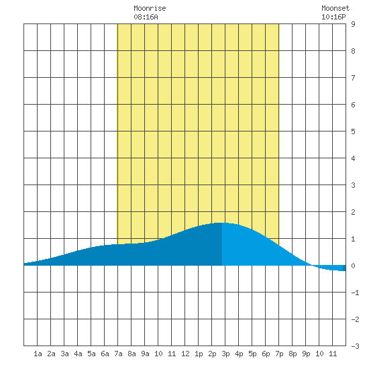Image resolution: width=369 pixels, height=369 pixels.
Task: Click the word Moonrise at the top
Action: [150, 8]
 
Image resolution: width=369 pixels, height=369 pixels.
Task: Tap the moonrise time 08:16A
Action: [146, 17]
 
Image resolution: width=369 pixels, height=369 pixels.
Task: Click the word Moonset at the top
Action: [335, 8]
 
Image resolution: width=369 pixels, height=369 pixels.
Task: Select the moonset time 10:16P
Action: [333, 17]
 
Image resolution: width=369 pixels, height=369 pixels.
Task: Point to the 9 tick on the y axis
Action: [353, 24]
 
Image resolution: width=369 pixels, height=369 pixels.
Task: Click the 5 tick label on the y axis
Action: [353, 131]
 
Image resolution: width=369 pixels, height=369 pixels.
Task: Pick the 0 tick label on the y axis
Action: [353, 266]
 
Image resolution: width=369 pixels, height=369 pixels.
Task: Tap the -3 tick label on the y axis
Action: [355, 346]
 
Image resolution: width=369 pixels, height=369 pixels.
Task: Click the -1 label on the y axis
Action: [355, 293]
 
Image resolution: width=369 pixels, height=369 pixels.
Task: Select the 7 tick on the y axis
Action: [353, 78]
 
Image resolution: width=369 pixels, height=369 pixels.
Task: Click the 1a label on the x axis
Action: [38, 354]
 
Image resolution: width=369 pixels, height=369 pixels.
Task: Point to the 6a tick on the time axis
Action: [105, 354]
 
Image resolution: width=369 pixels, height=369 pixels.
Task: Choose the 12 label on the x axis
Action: [185, 354]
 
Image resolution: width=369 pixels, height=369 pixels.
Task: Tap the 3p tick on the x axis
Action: [225, 354]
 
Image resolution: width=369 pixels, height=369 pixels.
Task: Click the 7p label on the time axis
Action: [279, 354]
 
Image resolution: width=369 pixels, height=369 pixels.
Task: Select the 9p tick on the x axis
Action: [306, 354]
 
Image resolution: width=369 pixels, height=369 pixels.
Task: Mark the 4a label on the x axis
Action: [78, 354]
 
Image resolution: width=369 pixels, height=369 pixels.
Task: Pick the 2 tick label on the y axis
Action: [353, 212]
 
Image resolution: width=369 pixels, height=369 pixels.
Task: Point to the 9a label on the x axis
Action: [145, 354]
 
